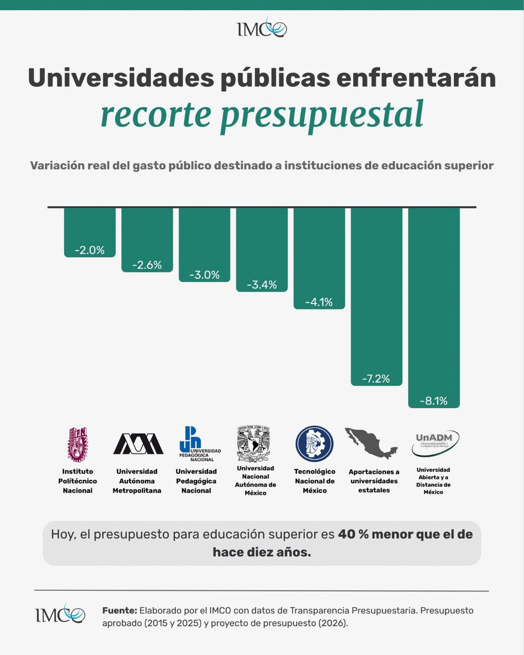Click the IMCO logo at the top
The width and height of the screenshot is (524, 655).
262,28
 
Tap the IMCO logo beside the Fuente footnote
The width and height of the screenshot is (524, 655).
59,614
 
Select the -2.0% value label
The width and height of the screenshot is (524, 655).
90,251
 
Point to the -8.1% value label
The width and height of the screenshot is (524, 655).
433,401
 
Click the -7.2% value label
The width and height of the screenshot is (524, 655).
376,379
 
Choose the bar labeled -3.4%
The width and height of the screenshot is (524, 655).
261,249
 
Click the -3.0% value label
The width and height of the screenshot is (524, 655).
204,275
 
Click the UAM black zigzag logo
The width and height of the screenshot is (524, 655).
138,443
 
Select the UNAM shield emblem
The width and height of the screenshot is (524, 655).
253,443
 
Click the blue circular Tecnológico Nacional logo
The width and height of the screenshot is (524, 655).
314,443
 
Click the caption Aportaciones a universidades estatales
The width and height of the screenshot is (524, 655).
374,480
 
